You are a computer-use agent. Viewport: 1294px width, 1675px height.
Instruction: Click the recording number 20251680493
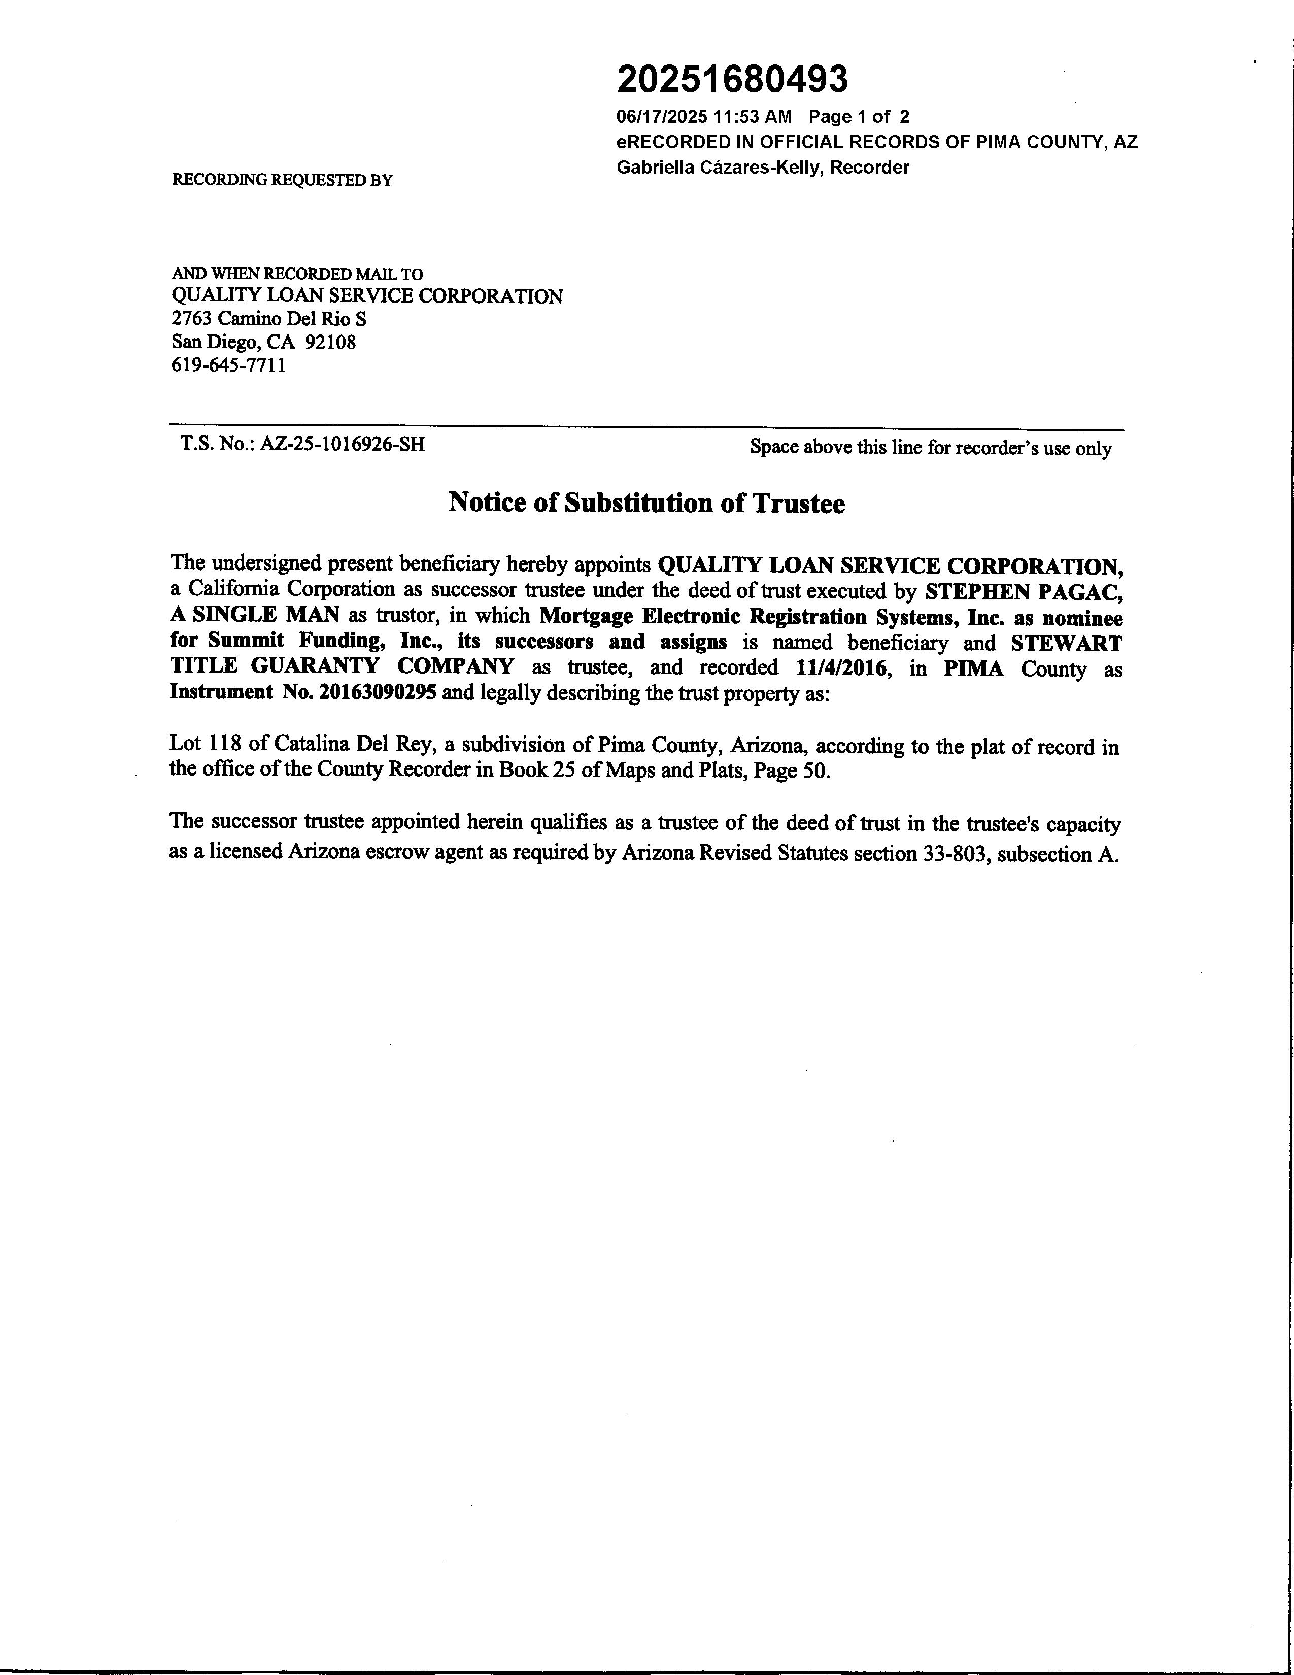(x=732, y=80)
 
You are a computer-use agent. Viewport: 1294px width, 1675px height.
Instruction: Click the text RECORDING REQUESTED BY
(x=282, y=180)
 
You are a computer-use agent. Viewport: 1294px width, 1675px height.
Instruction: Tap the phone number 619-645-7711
(x=228, y=365)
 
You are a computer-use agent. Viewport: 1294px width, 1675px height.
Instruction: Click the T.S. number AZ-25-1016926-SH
(x=342, y=444)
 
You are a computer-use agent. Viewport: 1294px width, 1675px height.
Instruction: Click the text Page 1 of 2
(x=859, y=117)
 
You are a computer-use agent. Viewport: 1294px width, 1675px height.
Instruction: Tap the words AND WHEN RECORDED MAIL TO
(x=297, y=274)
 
